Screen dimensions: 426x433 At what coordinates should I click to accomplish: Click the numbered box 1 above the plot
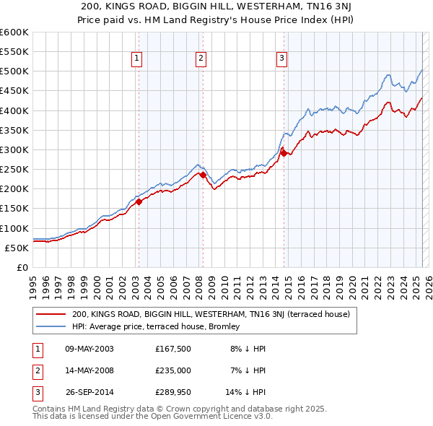pyautogui.click(x=137, y=59)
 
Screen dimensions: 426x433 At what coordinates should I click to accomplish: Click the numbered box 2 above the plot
pyautogui.click(x=201, y=59)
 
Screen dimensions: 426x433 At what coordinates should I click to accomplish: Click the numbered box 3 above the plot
pyautogui.click(x=281, y=59)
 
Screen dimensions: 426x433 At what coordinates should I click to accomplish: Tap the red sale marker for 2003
pyautogui.click(x=139, y=202)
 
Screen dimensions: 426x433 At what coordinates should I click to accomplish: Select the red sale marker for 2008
pyautogui.click(x=203, y=175)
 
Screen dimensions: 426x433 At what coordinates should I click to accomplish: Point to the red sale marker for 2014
pyautogui.click(x=284, y=153)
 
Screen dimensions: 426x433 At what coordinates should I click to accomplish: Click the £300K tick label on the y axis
pyautogui.click(x=14, y=149)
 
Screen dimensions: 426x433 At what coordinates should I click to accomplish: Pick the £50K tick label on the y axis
pyautogui.click(x=17, y=248)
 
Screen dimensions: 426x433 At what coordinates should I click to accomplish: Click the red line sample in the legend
pyautogui.click(x=52, y=314)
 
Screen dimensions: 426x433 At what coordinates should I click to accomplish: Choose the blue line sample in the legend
pyautogui.click(x=52, y=326)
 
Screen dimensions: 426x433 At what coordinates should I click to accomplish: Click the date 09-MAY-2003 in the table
pyautogui.click(x=89, y=349)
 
